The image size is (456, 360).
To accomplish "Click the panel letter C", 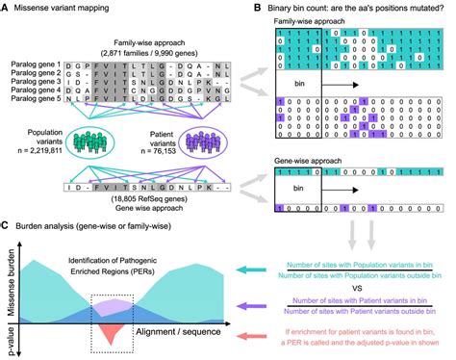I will (5, 226).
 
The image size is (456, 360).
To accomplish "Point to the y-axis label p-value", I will (11, 337).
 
